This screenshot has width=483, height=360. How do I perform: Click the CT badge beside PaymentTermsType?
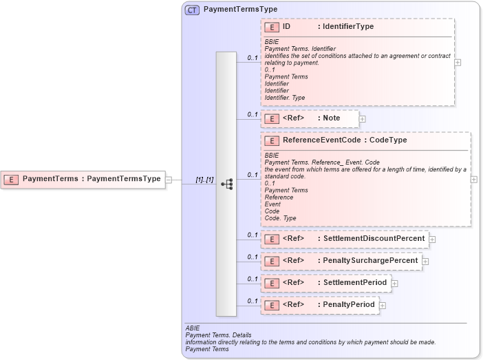(192, 10)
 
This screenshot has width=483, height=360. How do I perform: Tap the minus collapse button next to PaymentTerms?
(169, 179)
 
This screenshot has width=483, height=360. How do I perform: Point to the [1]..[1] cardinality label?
(204, 180)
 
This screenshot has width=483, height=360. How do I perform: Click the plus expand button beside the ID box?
(458, 62)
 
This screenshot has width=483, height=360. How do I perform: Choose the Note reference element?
(310, 118)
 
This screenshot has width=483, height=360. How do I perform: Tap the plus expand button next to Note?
(363, 119)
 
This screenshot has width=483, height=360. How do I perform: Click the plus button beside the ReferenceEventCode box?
(474, 179)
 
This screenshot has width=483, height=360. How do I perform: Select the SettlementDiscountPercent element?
(344, 239)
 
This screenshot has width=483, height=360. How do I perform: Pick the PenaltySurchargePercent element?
(341, 261)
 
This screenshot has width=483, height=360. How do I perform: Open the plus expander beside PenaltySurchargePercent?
(425, 262)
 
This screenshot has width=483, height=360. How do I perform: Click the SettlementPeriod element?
(325, 282)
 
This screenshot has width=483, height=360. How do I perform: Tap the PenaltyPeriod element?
(320, 304)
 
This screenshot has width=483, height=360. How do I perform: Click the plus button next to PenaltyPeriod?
(383, 305)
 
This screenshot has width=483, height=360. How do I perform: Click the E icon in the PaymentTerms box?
(11, 179)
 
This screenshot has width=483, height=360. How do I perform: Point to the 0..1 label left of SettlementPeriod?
(252, 279)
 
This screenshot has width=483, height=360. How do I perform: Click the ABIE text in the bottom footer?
(193, 328)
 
